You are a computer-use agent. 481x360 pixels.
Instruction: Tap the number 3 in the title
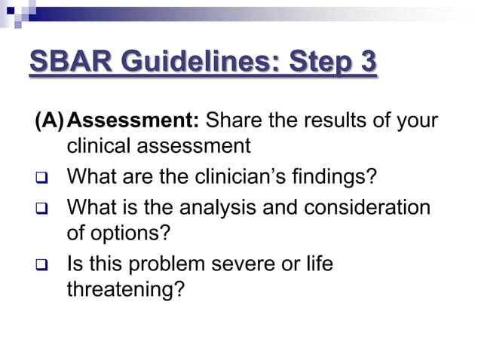tap(366, 62)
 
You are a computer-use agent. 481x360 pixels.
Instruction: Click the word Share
tap(233, 121)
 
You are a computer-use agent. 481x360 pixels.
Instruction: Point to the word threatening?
tap(125, 290)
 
